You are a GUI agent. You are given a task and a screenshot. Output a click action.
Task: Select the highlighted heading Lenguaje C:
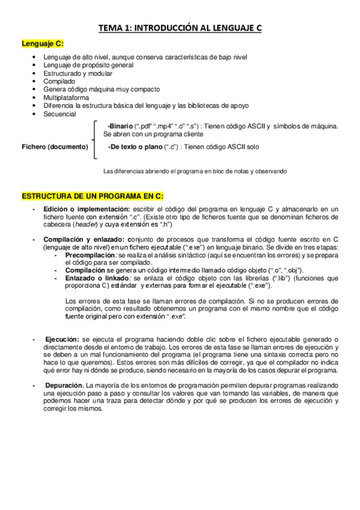click(43, 43)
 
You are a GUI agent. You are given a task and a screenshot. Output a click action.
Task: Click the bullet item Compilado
click(59, 81)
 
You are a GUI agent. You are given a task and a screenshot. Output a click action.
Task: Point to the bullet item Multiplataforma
click(66, 97)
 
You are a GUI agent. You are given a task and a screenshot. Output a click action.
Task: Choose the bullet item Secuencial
click(59, 113)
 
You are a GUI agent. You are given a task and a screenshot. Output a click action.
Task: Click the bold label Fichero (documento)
click(55, 147)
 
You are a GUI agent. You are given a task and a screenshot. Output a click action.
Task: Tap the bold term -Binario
click(120, 126)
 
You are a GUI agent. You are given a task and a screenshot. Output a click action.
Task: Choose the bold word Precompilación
click(90, 255)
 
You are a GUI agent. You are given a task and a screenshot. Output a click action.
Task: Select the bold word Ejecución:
click(62, 340)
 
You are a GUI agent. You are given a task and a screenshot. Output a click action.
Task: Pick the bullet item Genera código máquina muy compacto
click(102, 89)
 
